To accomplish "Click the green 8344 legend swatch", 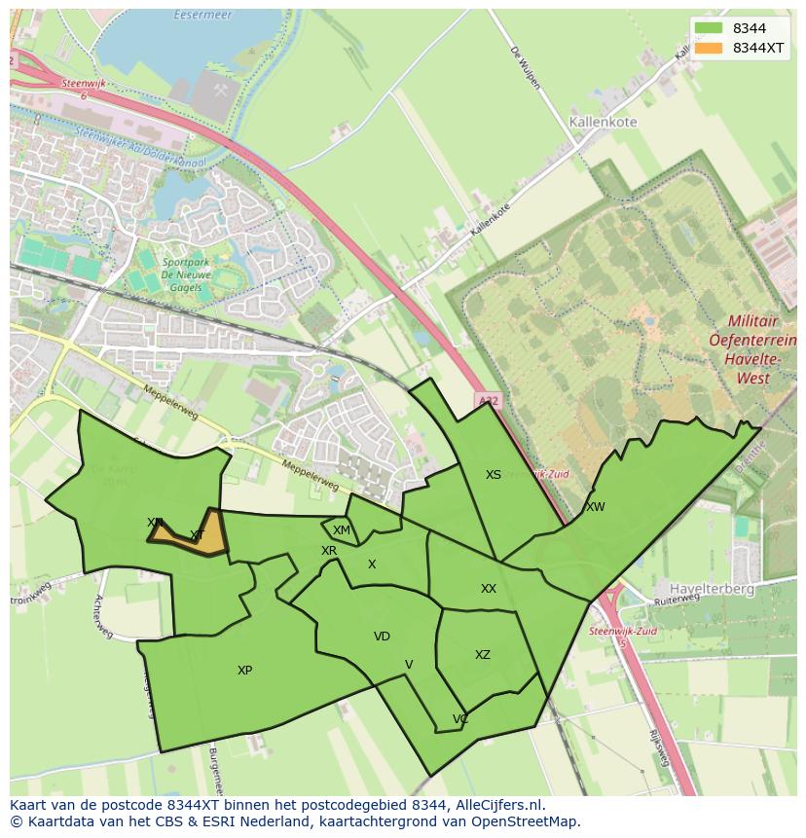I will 709,28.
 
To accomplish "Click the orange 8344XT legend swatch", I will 709,48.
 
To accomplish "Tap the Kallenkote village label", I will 602,123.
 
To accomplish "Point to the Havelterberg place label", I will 710,589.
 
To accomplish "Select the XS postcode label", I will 494,475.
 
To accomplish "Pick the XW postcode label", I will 595,507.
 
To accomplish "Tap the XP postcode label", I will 244,671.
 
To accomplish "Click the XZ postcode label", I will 483,655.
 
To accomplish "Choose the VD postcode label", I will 382,637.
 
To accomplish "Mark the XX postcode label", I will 489,589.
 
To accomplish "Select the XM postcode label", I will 341,530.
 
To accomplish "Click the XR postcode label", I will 329,551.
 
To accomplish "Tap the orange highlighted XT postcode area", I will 195,535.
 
